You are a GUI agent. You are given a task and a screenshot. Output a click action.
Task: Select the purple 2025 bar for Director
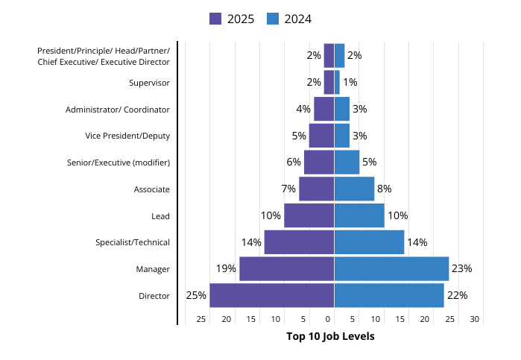(271, 295)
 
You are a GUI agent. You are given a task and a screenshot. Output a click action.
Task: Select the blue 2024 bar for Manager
(391, 268)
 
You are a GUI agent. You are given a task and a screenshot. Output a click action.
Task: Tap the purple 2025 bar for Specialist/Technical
(299, 242)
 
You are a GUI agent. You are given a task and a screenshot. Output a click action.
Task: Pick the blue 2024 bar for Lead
(359, 215)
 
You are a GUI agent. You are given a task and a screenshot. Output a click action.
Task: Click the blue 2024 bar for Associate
(354, 189)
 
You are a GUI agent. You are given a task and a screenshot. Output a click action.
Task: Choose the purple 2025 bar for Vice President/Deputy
(321, 136)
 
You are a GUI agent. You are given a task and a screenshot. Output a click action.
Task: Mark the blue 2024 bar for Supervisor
(337, 82)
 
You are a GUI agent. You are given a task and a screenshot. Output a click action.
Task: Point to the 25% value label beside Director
(196, 295)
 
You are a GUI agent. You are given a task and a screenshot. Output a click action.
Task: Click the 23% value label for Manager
(462, 268)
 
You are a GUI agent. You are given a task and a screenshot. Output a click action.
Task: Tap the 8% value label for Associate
(385, 189)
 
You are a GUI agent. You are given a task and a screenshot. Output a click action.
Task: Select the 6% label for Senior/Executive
(294, 162)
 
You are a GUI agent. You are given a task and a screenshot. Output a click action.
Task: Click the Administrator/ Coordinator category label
(118, 110)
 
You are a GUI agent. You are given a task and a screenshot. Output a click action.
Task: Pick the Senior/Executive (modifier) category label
(119, 162)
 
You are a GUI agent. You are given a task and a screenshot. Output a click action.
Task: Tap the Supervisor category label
(149, 83)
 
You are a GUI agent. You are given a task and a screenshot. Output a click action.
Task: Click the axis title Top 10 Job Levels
(330, 336)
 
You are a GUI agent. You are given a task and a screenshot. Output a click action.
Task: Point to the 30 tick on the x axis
(475, 319)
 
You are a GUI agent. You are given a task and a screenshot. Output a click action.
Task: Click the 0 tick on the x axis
(328, 319)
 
